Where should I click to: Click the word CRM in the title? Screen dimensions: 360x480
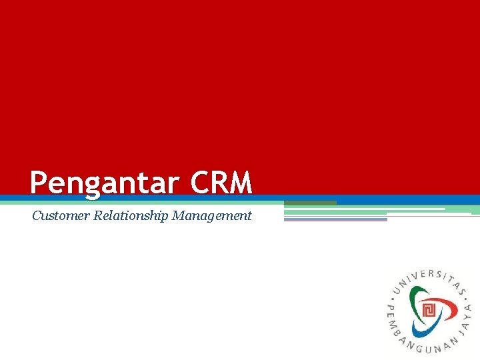[x=221, y=182]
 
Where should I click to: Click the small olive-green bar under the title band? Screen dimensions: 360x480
[x=310, y=203]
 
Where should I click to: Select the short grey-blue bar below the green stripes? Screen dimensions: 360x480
[x=335, y=219]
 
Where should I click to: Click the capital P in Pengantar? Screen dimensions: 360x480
[x=39, y=182]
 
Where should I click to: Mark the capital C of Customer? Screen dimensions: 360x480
[x=37, y=215]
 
